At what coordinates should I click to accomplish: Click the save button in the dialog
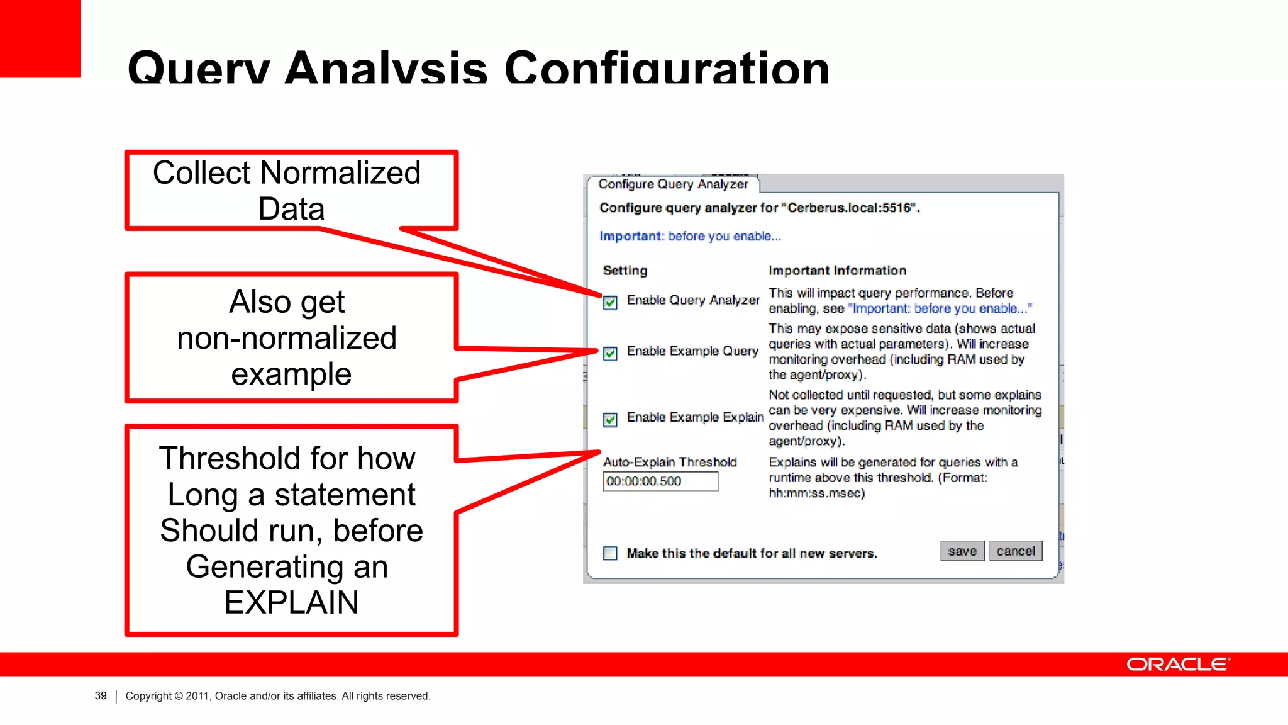[x=962, y=551]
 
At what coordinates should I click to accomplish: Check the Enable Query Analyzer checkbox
[x=610, y=303]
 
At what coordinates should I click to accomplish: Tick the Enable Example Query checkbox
[x=610, y=353]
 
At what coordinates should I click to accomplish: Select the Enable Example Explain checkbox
[x=610, y=420]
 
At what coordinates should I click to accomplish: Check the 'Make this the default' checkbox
[x=610, y=553]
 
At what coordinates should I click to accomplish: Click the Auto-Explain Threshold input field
[x=660, y=481]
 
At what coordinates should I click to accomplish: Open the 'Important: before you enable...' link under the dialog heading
[x=690, y=237]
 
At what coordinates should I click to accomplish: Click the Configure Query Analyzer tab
[x=673, y=184]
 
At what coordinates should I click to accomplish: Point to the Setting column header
[x=625, y=271]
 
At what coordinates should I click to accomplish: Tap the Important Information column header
[x=837, y=271]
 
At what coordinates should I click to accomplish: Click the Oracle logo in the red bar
[x=1177, y=665]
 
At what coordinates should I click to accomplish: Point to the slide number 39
[x=101, y=696]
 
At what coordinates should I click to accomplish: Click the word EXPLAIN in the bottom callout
[x=291, y=602]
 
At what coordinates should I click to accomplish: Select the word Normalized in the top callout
[x=340, y=173]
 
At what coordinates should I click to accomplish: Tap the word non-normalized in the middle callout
[x=287, y=338]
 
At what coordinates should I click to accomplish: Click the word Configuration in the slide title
[x=667, y=68]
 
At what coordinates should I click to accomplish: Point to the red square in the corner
[x=40, y=38]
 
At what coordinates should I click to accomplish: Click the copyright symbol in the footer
[x=179, y=696]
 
